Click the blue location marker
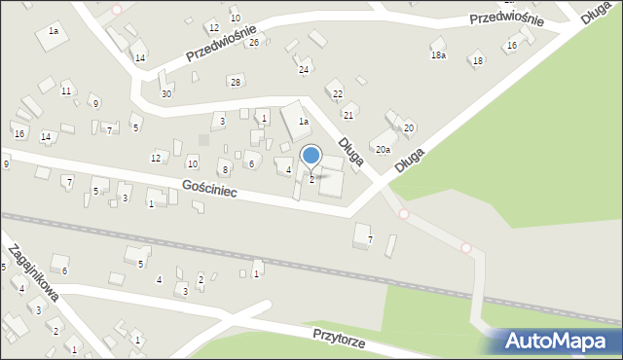[311, 155]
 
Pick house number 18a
[438, 54]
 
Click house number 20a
[384, 149]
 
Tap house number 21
[348, 115]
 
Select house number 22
[338, 93]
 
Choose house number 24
[304, 70]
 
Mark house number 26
[254, 42]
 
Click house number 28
[235, 81]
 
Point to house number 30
[166, 93]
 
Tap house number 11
[66, 90]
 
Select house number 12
[156, 158]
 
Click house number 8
[225, 170]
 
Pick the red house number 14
[46, 137]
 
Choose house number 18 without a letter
[477, 61]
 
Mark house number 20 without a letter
[409, 127]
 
